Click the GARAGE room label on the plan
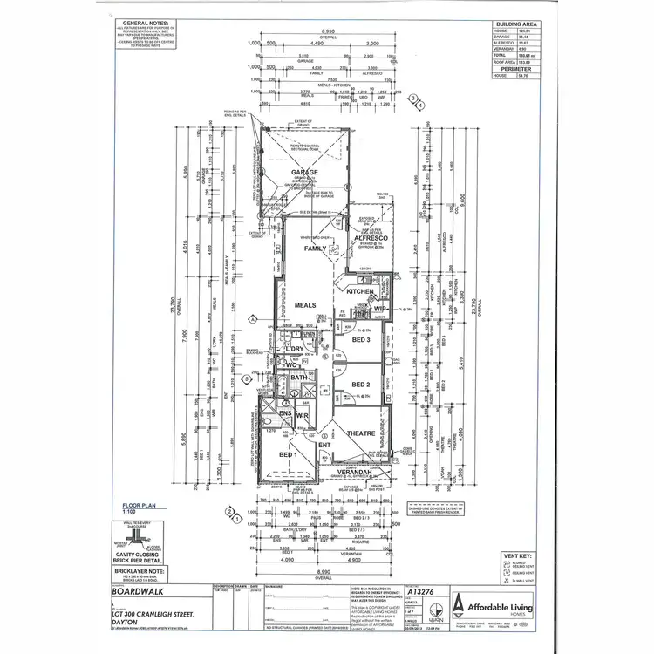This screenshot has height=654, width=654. pos(304,173)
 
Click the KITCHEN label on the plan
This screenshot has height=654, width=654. pos(360,292)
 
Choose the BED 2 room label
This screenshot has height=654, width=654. pos(362,384)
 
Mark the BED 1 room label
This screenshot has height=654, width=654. pos(289,454)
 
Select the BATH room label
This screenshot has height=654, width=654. pos(297,377)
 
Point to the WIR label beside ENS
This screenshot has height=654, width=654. pos(303,417)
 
